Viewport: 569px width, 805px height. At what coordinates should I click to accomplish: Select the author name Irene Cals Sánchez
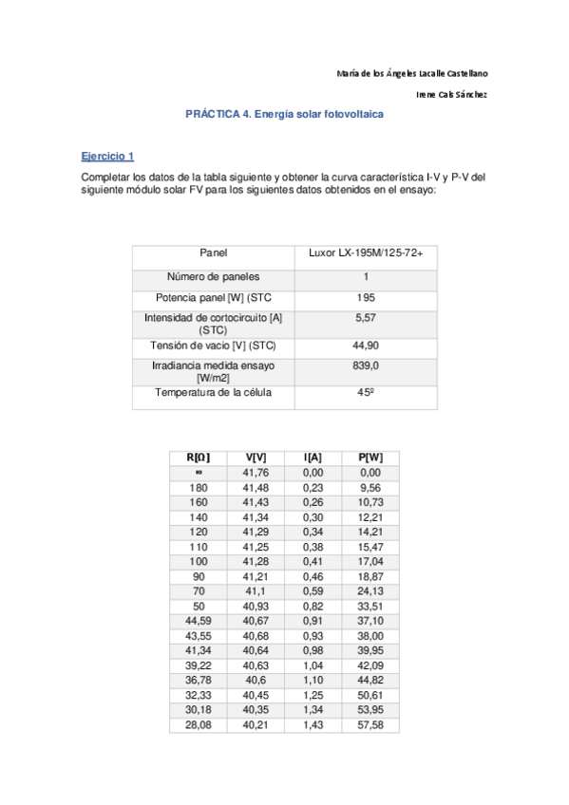click(x=452, y=94)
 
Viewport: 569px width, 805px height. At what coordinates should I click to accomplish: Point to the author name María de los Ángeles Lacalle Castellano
click(x=412, y=73)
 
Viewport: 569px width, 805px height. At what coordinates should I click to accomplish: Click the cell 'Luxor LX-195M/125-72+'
click(x=366, y=253)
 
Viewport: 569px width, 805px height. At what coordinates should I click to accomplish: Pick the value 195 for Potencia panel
click(x=366, y=298)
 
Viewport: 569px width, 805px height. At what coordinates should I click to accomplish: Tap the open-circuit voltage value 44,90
click(x=366, y=346)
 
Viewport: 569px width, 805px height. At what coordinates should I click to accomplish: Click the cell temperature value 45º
click(x=366, y=392)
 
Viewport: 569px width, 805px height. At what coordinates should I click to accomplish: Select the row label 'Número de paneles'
click(x=214, y=276)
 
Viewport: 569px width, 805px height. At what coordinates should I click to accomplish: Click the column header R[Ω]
click(x=199, y=458)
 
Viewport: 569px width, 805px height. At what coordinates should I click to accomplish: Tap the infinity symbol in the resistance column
click(x=199, y=472)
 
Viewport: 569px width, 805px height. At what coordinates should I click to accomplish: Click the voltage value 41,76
click(x=256, y=472)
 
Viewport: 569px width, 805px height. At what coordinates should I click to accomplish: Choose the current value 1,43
click(x=313, y=724)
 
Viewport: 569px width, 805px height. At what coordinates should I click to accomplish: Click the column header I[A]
click(x=313, y=458)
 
